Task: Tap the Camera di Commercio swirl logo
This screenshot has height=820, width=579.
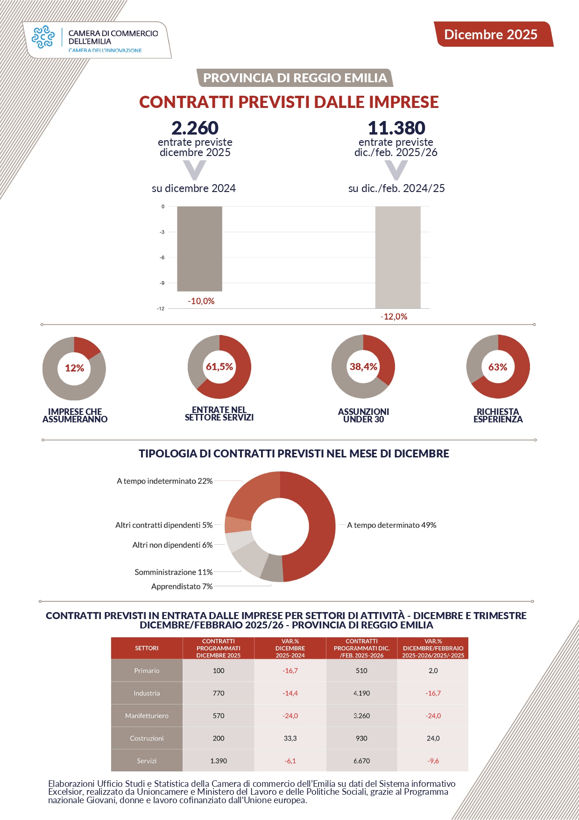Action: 43,37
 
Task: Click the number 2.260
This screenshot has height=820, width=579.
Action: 195,128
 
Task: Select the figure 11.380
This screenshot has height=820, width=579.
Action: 396,128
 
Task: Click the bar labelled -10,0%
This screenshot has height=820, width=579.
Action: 199,249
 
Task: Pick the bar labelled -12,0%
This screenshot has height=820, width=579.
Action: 397,257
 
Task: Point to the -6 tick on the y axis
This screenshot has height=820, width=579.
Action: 162,257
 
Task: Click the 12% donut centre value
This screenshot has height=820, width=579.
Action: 74,368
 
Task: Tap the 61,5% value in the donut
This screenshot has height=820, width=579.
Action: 219,367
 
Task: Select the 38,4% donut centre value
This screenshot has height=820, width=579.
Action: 363,367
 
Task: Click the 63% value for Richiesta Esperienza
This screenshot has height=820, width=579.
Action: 498,367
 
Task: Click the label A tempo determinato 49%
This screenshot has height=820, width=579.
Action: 391,525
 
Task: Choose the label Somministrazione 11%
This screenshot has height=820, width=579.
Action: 173,572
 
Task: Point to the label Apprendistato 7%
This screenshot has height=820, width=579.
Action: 182,586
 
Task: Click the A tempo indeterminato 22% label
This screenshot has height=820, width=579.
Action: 164,481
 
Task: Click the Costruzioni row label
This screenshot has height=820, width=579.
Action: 147,738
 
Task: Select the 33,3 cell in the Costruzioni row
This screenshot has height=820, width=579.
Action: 290,738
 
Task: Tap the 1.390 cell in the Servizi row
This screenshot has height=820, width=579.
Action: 219,761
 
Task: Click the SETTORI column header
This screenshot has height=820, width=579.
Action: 147,648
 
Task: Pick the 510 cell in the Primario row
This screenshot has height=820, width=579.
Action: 361,670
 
